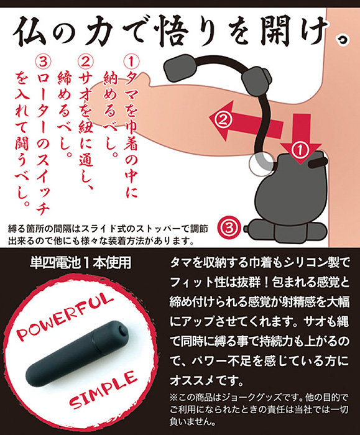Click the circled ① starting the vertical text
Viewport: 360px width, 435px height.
click(131, 62)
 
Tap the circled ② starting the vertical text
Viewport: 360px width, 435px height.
click(86, 62)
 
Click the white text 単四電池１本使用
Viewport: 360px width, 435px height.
click(80, 262)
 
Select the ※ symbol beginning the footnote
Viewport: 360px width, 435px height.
click(174, 399)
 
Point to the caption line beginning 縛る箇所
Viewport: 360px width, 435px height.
click(108, 229)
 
